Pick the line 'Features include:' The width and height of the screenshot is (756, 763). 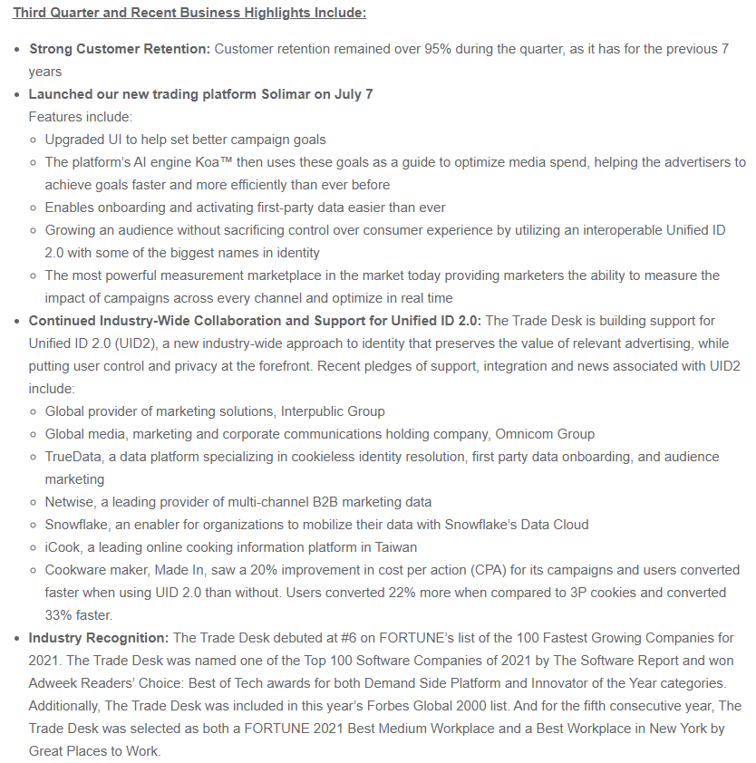(81, 117)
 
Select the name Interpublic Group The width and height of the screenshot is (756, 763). (332, 411)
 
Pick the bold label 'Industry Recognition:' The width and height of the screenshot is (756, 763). (99, 638)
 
